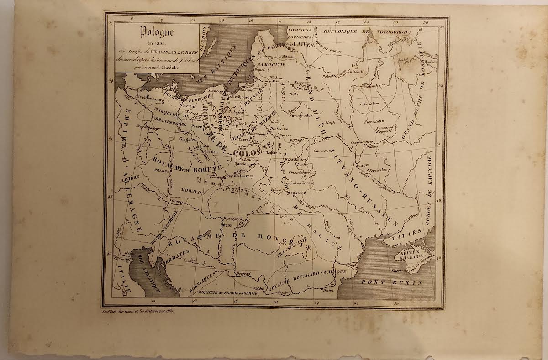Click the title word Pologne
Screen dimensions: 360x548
157,32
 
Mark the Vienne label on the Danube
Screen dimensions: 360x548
175,199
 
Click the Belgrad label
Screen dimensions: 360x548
243,274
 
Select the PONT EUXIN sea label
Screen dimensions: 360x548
391,282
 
